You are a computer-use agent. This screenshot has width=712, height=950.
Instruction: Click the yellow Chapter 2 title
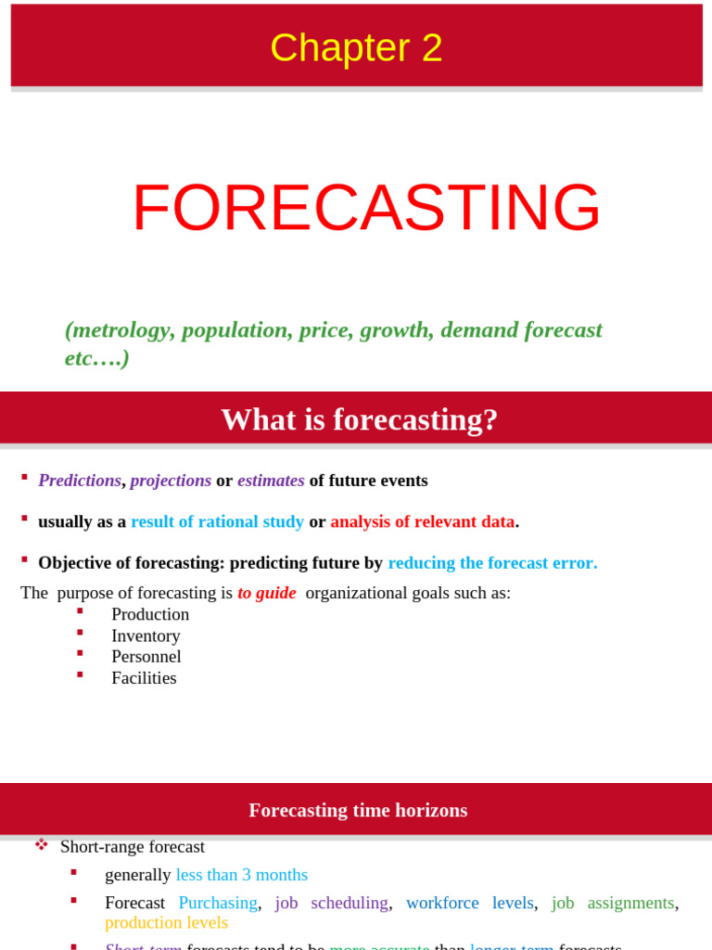[x=356, y=48]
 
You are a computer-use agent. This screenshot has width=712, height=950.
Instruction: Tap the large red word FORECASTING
[x=366, y=208]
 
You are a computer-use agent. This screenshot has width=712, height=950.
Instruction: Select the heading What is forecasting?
[x=359, y=419]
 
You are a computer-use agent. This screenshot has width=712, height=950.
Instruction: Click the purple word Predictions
[x=80, y=481]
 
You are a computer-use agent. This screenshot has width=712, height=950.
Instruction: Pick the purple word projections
[x=171, y=481]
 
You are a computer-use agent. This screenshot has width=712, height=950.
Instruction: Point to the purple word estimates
[x=271, y=481]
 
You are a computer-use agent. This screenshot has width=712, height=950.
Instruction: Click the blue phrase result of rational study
[x=217, y=521]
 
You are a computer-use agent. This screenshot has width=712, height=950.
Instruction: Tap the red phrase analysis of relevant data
[x=422, y=521]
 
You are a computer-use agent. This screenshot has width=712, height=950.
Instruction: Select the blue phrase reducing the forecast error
[x=492, y=562]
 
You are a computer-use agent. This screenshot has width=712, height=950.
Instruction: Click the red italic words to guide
[x=267, y=593]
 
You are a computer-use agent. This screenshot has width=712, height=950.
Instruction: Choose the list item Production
[x=150, y=614]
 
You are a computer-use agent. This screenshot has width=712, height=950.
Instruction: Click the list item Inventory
[x=146, y=635]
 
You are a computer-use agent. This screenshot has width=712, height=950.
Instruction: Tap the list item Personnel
[x=146, y=657]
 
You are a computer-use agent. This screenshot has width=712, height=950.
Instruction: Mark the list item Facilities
[x=144, y=678]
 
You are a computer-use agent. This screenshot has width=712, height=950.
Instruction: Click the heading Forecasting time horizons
[x=358, y=810]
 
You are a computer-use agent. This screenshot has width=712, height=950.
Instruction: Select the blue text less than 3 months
[x=241, y=875]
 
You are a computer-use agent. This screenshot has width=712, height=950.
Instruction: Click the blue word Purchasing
[x=218, y=903]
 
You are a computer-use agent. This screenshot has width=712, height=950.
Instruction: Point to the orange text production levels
[x=166, y=922]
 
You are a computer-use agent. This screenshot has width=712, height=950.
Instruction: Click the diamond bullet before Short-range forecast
[x=42, y=845]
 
